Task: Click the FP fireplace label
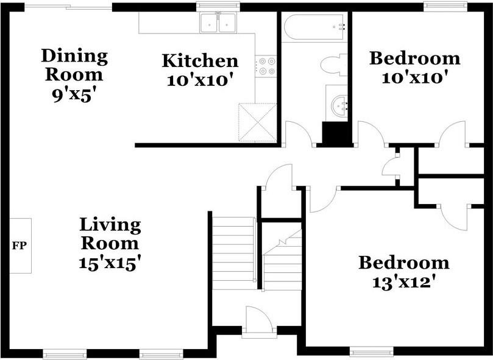[19, 245]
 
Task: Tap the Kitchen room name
[200, 61]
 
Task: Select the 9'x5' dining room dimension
[74, 96]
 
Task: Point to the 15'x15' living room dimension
[109, 263]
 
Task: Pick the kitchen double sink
[218, 23]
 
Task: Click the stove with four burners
[266, 66]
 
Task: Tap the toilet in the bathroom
[334, 65]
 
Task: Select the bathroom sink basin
[339, 105]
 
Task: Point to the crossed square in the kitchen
[258, 122]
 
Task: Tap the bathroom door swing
[298, 133]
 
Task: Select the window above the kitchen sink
[218, 6]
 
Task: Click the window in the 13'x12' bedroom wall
[371, 351]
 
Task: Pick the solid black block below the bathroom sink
[335, 133]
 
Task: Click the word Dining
[74, 57]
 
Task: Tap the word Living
[110, 225]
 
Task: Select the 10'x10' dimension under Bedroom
[414, 77]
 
